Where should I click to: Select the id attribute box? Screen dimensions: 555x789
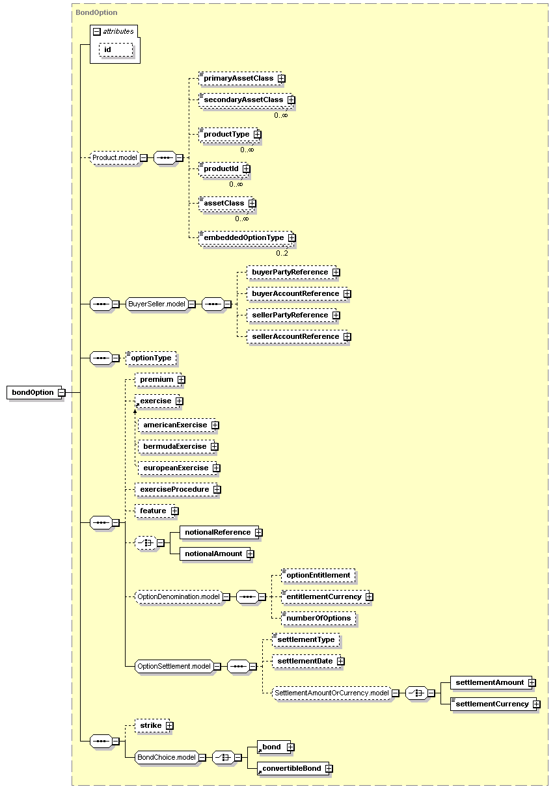tap(116, 49)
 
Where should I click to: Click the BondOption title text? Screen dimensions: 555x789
tap(96, 12)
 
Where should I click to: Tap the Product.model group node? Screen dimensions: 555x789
tap(115, 157)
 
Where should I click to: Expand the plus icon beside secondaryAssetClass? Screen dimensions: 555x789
tap(291, 100)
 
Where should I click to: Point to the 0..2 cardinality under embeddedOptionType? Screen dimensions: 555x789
tap(282, 253)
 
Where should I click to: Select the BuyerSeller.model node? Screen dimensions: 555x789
tap(156, 304)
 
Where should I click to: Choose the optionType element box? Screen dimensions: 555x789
tap(151, 358)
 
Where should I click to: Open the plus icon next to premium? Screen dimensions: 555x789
tap(181, 380)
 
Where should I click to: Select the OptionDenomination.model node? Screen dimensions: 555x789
tap(179, 596)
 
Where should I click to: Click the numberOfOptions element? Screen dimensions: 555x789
tap(319, 618)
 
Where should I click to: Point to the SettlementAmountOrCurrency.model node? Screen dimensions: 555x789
tap(332, 693)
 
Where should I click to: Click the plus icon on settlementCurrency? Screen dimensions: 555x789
tap(536, 704)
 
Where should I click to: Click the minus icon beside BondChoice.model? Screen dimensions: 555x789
tap(202, 757)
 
